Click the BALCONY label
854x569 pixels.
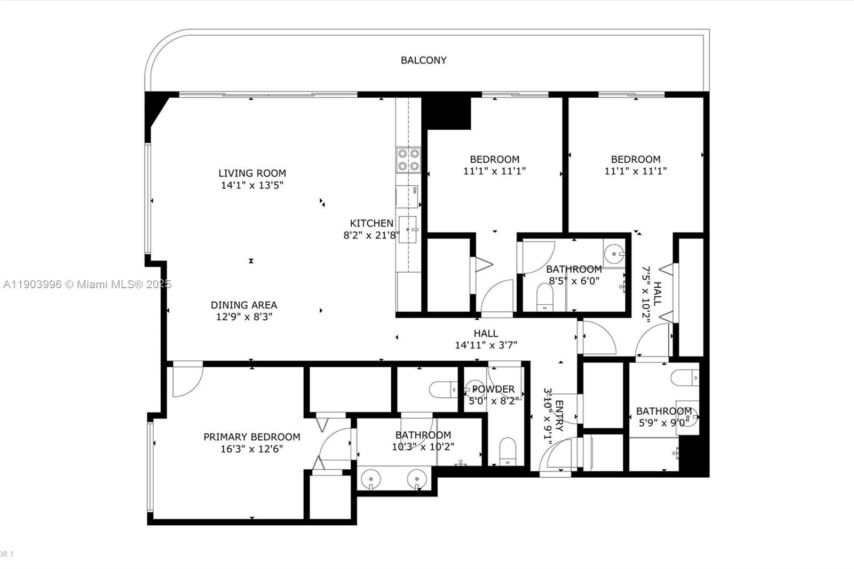pos(423,60)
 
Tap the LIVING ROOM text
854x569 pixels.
pos(252,173)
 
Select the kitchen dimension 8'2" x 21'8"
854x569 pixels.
pos(371,235)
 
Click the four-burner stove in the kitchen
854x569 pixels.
pos(408,160)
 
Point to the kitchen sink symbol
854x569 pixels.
pos(408,230)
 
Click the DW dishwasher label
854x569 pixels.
pos(415,190)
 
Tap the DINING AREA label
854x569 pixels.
pos(244,305)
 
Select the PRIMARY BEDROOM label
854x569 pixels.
pos(251,437)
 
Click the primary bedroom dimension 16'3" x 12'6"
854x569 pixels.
pos(251,449)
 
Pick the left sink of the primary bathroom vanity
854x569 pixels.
pos(370,479)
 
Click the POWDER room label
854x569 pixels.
pos(493,389)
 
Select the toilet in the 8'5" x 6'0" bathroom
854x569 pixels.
pos(545,297)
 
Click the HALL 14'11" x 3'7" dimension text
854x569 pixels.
pos(486,345)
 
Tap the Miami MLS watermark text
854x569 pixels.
pos(87,284)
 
